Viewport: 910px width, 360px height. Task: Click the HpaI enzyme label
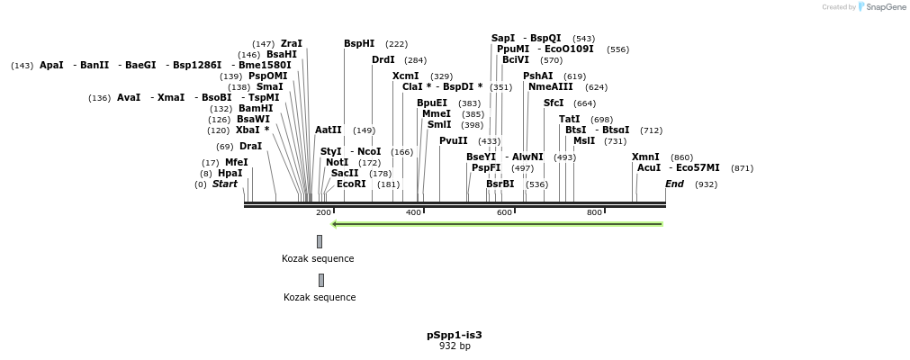coord(230,173)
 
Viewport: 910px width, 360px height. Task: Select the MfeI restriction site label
coord(236,162)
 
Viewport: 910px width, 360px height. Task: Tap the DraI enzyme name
coord(250,146)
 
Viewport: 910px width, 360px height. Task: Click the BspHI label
coord(359,43)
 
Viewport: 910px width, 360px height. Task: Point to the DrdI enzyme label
coord(383,59)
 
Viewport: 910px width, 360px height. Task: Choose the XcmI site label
coord(406,76)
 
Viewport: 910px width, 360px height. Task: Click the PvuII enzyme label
coord(454,140)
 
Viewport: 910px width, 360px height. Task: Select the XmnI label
coord(645,157)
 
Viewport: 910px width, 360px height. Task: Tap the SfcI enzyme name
coord(554,103)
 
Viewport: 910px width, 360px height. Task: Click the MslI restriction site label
coord(584,140)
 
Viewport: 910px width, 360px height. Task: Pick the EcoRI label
coord(351,184)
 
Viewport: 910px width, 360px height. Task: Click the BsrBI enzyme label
coord(500,184)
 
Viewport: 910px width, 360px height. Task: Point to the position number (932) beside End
coord(706,184)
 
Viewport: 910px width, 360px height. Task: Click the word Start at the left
coord(225,184)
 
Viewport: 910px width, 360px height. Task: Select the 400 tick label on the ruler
coord(413,212)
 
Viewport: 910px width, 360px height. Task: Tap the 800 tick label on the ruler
coord(594,212)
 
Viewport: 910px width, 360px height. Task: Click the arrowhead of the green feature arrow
coord(335,224)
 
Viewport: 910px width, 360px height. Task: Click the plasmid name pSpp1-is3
coord(455,335)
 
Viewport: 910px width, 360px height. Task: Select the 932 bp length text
coord(455,346)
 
